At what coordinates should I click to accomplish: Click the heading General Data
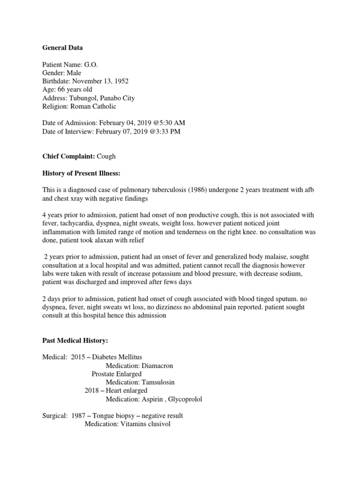click(62, 47)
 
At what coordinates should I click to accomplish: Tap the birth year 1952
click(119, 81)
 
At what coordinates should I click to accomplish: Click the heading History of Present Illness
click(81, 174)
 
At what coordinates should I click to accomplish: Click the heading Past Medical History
click(75, 339)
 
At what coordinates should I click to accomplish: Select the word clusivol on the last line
click(156, 424)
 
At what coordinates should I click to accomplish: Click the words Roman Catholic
click(93, 106)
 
